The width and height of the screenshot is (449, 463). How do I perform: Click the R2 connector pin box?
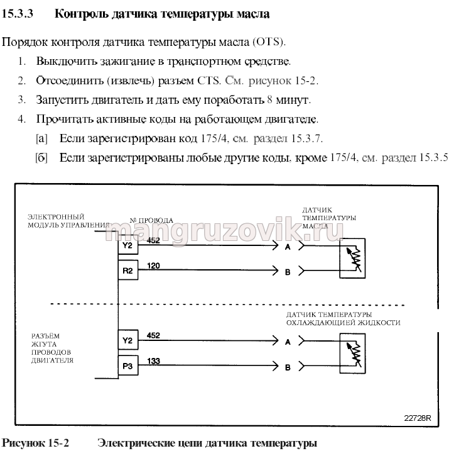(x=128, y=270)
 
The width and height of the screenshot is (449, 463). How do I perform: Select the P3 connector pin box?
(x=128, y=365)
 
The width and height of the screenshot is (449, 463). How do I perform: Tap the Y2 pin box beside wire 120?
(x=128, y=245)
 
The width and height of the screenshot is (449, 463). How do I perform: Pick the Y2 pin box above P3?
(x=128, y=340)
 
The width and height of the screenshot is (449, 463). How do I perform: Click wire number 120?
(x=153, y=265)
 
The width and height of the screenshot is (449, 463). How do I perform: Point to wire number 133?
(x=153, y=361)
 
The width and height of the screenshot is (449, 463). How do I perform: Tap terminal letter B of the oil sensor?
(x=288, y=272)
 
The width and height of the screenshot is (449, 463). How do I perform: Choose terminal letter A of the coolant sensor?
(x=288, y=342)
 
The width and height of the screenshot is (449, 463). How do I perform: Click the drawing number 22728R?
(x=417, y=418)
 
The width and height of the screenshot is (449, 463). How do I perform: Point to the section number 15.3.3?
(x=18, y=14)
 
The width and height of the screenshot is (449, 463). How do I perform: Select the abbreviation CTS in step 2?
(x=208, y=81)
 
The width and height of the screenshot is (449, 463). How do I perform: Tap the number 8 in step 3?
(x=269, y=99)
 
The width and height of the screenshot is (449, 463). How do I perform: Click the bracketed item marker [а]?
(x=41, y=138)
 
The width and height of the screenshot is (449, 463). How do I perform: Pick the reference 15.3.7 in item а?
(x=306, y=138)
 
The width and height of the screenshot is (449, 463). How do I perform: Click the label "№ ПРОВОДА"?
(x=151, y=220)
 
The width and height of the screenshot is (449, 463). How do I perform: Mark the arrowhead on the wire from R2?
(x=275, y=271)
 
